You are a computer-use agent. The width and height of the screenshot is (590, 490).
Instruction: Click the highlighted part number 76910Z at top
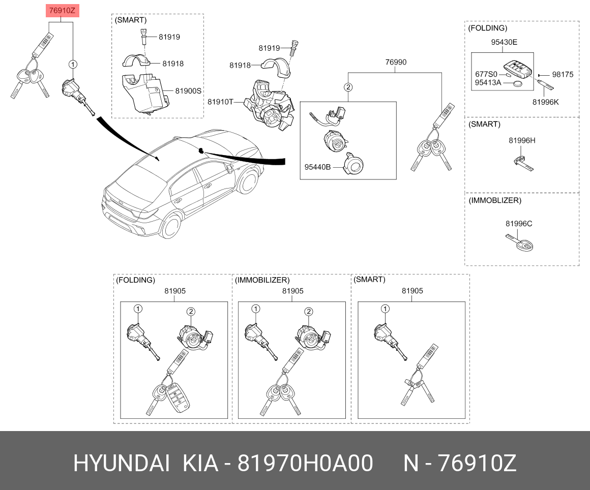[63, 11]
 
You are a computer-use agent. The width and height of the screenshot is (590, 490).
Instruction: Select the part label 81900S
[188, 91]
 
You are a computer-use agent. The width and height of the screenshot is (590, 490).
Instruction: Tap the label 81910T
[221, 102]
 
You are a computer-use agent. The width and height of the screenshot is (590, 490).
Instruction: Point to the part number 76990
[396, 62]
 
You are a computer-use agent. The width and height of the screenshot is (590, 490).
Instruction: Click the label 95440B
[317, 167]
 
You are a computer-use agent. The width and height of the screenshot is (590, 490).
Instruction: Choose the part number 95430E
[504, 42]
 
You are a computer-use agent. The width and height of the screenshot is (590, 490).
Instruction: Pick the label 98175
[563, 74]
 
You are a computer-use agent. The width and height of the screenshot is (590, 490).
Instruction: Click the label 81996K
[546, 102]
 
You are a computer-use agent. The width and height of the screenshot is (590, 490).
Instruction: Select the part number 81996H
[522, 141]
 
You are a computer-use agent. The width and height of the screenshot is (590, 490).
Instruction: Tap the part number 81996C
[519, 224]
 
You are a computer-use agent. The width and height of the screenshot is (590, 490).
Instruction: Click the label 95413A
[488, 83]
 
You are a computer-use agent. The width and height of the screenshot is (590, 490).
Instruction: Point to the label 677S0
[486, 74]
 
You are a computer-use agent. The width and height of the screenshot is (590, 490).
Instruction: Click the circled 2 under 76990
[348, 87]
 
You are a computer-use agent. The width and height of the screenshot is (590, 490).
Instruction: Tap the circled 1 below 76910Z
[73, 65]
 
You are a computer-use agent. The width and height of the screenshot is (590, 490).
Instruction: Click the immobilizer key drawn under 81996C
[520, 242]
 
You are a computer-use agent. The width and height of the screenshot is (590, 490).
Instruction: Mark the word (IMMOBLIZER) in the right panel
[495, 200]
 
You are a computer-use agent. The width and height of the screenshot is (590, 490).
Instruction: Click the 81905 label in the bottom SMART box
[412, 291]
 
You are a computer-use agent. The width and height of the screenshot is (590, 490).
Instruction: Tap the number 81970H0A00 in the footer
[305, 463]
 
